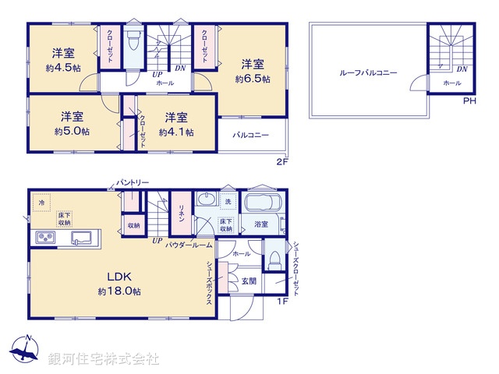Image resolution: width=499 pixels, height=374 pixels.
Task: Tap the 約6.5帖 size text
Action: point(253,79)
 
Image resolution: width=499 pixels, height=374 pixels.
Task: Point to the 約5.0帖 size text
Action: point(72,132)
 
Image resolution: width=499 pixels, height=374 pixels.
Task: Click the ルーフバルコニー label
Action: point(368,72)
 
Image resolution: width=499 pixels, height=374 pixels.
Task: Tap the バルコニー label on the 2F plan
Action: point(251,135)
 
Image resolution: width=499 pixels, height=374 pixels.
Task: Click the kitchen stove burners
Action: point(43,238)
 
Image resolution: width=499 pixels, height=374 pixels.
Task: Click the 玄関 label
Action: point(249,280)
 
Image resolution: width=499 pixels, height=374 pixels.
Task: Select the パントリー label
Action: point(133,182)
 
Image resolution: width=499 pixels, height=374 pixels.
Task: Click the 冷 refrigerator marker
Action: point(41,203)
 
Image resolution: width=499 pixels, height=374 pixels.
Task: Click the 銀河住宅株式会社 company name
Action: point(104,359)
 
